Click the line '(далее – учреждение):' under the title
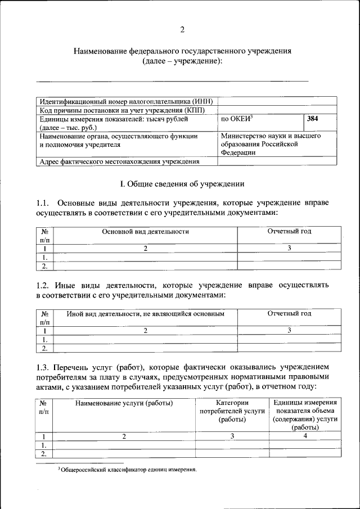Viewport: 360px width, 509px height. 182,61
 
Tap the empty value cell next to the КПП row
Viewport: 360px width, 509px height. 277,110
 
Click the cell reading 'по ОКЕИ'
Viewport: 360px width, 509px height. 236,119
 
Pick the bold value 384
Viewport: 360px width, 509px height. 313,119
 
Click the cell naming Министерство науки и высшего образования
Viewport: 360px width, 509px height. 271,144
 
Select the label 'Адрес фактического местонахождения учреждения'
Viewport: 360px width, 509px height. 119,162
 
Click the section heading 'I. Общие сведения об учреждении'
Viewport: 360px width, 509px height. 182,184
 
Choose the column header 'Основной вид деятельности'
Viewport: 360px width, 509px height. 145,231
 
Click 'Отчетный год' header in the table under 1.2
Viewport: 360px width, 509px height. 289,313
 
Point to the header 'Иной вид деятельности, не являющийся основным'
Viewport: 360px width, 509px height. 146,313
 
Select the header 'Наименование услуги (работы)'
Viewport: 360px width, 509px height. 124,403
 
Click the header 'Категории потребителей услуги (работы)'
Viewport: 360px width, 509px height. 232,411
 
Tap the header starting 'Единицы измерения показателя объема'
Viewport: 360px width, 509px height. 305,415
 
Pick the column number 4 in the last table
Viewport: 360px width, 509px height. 305,436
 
